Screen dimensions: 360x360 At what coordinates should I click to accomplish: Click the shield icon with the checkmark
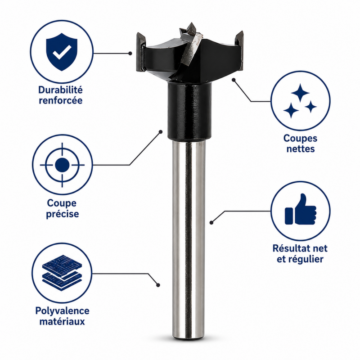(x=62, y=52)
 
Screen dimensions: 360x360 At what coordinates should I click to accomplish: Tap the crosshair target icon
(x=62, y=165)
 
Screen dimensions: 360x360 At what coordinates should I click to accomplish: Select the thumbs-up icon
(x=300, y=209)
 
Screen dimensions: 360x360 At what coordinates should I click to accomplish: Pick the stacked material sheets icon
(x=62, y=273)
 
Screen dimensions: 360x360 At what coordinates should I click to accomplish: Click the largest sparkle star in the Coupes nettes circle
(x=300, y=93)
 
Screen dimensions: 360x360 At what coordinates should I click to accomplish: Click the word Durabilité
(x=60, y=90)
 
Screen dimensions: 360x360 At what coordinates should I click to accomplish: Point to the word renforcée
(x=61, y=100)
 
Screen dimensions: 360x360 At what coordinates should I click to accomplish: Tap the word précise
(x=63, y=214)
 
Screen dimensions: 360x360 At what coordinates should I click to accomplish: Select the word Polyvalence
(x=62, y=311)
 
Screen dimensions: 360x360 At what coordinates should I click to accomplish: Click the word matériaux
(x=62, y=321)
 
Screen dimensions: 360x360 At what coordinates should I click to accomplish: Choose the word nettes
(x=300, y=149)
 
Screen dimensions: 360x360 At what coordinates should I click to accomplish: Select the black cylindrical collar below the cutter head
(x=189, y=111)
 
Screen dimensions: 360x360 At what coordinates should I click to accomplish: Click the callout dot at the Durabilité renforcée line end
(x=130, y=53)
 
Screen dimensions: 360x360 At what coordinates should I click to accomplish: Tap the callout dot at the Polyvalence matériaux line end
(x=158, y=285)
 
